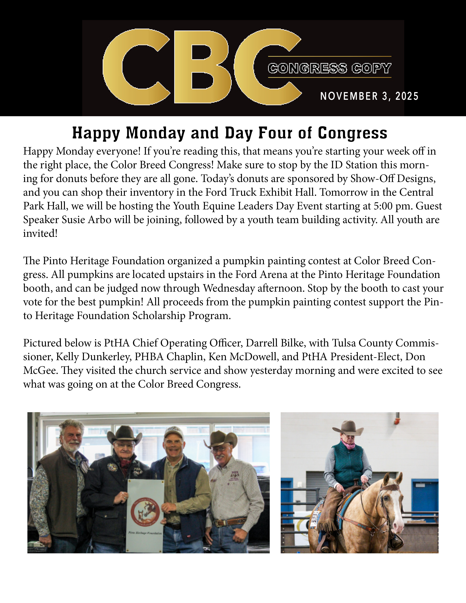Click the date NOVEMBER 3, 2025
369,96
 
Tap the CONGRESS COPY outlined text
329,68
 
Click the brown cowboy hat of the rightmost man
222,439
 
